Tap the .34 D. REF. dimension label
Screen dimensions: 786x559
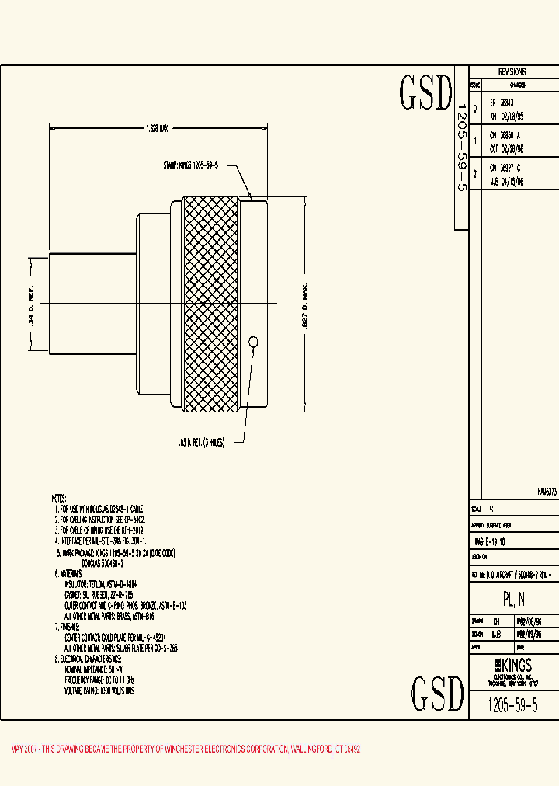pyautogui.click(x=31, y=301)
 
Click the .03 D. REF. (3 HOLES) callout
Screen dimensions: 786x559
pyautogui.click(x=201, y=443)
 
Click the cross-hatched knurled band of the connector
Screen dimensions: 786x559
pyautogui.click(x=210, y=303)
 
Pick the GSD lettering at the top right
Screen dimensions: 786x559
pyautogui.click(x=425, y=93)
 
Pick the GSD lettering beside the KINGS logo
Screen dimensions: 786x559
pyautogui.click(x=436, y=694)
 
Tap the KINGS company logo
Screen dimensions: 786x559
pyautogui.click(x=513, y=666)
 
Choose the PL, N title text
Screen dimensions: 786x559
pyautogui.click(x=513, y=599)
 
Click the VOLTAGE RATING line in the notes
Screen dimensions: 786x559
pyautogui.click(x=99, y=690)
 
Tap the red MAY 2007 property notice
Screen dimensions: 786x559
pyautogui.click(x=186, y=749)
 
